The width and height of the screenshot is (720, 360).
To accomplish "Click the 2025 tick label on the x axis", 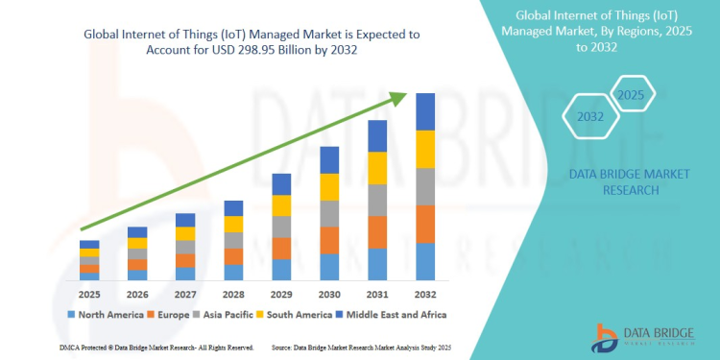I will coord(89,294).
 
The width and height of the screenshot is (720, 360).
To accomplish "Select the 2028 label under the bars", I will coord(233,294).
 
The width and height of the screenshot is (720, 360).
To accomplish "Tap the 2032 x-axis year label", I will coord(425,294).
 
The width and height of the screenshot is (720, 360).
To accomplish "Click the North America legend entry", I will coord(106,314).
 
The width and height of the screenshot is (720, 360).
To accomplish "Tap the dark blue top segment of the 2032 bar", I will coord(425,111).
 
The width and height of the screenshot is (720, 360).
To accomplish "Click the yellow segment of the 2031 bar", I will coord(377,168).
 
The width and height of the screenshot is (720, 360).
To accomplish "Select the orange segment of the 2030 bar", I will coord(329,240).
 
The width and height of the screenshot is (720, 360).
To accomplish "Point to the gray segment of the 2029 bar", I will coord(281,227).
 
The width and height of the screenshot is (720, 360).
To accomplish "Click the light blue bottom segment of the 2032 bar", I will coord(425,261).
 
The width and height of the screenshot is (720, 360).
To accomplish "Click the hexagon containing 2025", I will coord(631,95).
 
